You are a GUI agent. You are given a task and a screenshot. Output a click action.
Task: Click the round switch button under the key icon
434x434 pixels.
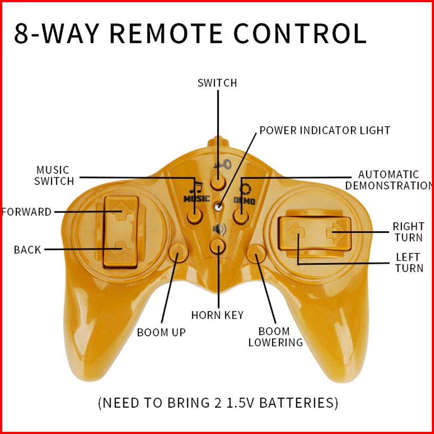tap(218, 182)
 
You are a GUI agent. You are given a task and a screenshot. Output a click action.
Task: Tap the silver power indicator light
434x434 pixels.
tap(219, 206)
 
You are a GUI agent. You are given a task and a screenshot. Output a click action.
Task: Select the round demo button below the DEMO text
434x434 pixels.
tap(241, 216)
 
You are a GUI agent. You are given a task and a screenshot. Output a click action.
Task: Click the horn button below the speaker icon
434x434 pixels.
tap(218, 246)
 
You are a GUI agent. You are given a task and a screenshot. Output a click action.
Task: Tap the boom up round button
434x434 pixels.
tap(178, 253)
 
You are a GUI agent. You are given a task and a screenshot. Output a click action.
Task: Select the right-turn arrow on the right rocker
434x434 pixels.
tap(336, 233)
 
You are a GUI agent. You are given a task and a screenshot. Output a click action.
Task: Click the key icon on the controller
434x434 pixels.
tap(222, 164)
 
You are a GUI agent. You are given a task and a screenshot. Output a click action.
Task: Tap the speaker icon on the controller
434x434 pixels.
tap(219, 229)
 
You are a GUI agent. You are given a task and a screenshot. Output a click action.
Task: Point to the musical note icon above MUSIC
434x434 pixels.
tap(196, 188)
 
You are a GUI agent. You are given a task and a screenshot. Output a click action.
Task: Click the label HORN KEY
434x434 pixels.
tap(217, 315)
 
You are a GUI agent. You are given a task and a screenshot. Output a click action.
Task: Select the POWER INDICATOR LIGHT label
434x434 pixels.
tap(325, 131)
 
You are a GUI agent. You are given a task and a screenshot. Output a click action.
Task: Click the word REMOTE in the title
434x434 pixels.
tap(166, 33)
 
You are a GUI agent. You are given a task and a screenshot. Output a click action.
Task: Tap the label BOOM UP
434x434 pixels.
tap(161, 332)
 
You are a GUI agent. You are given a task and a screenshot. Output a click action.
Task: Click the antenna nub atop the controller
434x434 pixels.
tap(218, 141)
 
